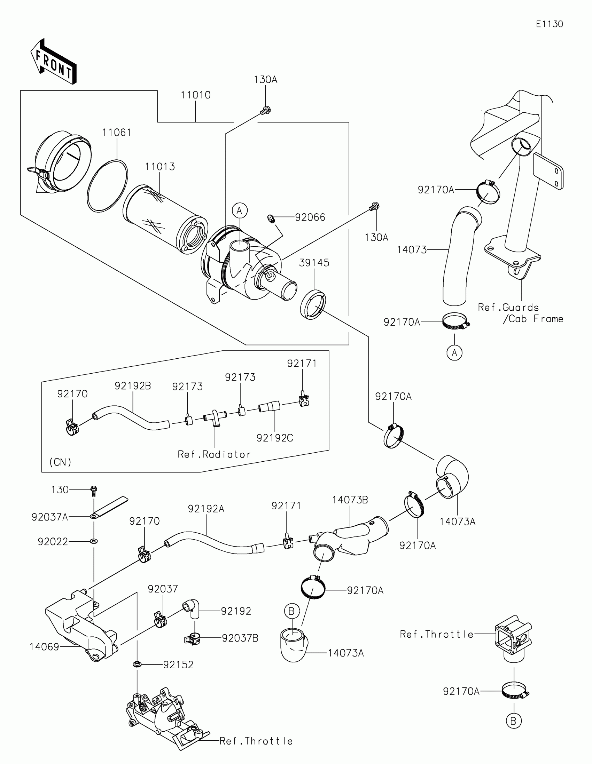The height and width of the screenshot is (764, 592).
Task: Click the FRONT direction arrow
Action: [x=53, y=62]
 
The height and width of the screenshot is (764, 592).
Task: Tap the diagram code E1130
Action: [x=549, y=24]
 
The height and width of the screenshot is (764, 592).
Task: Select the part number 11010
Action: [x=195, y=95]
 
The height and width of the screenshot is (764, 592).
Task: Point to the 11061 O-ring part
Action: [x=107, y=186]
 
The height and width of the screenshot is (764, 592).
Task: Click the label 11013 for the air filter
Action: [x=160, y=167]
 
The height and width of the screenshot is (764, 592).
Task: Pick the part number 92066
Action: [x=310, y=217]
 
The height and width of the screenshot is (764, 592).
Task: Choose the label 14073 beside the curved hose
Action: [x=412, y=250]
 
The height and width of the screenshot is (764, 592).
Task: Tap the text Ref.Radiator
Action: [x=214, y=454]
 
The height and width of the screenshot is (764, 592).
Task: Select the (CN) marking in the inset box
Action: [x=61, y=462]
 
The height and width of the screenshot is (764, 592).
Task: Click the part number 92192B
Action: [x=133, y=386]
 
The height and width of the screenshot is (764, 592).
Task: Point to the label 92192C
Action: [x=275, y=438]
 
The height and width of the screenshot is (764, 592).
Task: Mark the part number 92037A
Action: [x=50, y=517]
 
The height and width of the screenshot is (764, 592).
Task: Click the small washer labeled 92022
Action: [x=94, y=542]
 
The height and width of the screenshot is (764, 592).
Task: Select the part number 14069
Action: [x=45, y=647]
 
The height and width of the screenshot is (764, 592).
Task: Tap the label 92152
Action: [x=178, y=664]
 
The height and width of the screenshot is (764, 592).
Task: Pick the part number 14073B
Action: [x=350, y=500]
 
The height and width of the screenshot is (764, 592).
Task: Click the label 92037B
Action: [x=240, y=638]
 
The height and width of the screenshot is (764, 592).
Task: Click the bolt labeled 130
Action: [x=93, y=490]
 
